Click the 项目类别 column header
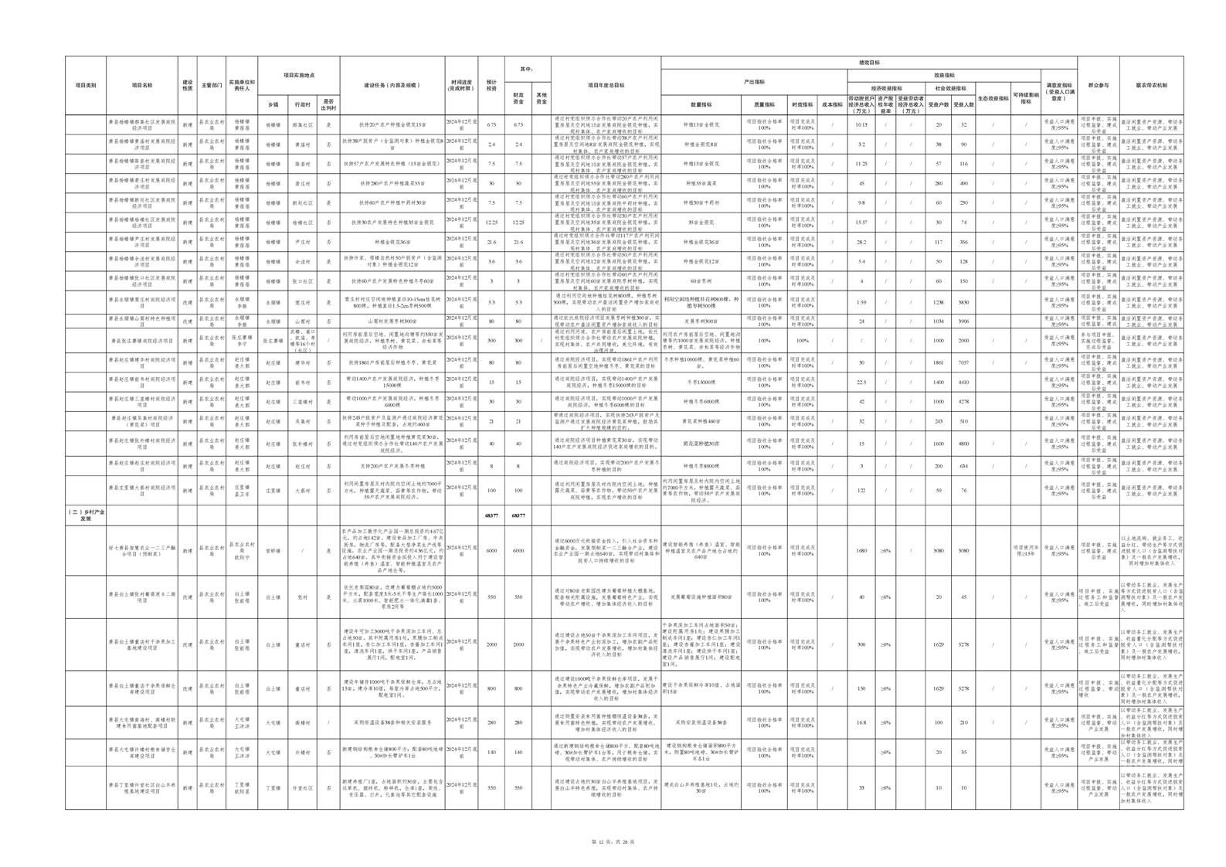click(86, 86)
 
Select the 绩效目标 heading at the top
click(869, 63)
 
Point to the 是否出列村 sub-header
click(328, 104)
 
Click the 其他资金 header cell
click(542, 99)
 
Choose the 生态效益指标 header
click(993, 99)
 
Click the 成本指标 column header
click(832, 104)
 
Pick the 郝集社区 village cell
click(302, 124)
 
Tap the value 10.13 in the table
click(861, 124)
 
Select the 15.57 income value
click(861, 223)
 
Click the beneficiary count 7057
click(963, 362)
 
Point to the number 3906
click(963, 321)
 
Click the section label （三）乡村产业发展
click(86, 515)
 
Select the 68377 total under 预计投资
click(491, 515)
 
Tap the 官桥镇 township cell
click(273, 551)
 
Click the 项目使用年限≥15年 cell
click(1025, 551)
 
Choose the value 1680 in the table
click(861, 551)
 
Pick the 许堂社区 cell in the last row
click(302, 788)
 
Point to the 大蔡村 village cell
click(302, 491)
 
